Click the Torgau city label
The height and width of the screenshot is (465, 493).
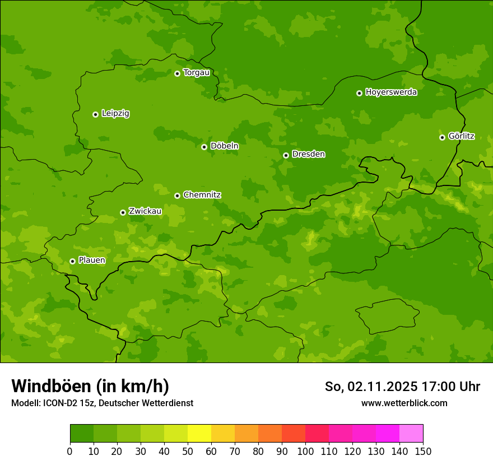(196, 73)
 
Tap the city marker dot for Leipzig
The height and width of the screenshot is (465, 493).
(95, 114)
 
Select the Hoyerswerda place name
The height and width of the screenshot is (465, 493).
(391, 92)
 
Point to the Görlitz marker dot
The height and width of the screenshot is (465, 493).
(442, 137)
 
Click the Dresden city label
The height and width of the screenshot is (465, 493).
(308, 154)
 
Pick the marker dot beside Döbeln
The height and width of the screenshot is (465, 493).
(204, 147)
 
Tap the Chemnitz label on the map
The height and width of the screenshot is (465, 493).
(202, 195)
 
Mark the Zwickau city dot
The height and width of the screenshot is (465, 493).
(123, 212)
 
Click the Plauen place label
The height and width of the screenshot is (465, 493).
(92, 261)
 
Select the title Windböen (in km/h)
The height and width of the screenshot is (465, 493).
(90, 386)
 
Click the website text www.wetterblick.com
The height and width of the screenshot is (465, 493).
(404, 403)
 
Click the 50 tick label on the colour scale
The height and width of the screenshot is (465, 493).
(188, 451)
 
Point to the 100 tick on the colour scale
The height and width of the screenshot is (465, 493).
(305, 451)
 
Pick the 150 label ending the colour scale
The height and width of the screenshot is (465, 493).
(423, 451)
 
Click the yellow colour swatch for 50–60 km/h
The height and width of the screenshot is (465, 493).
(199, 434)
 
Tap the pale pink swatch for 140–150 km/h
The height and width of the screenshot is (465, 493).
(411, 434)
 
